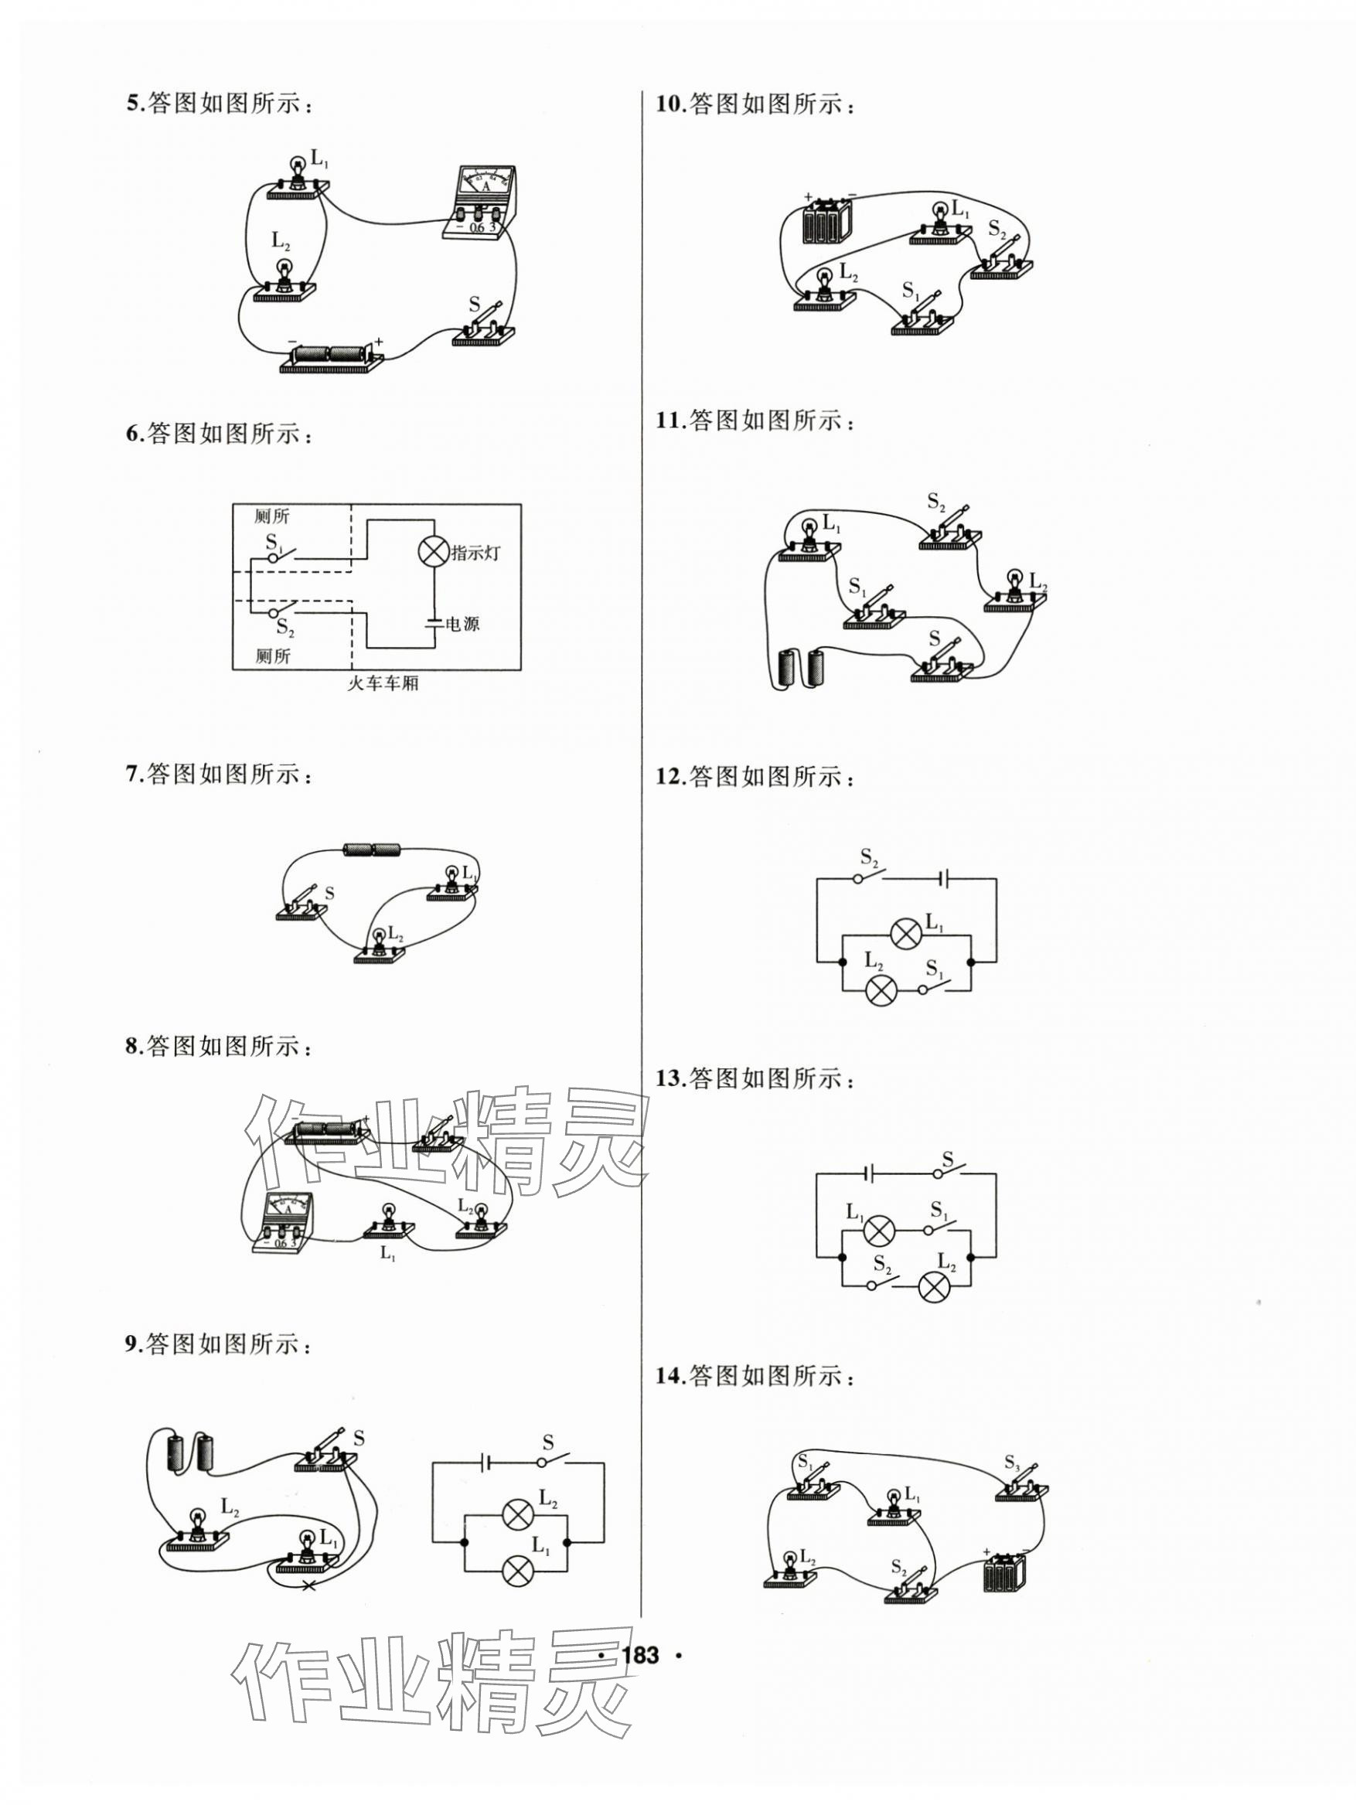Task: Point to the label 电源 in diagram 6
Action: click(463, 625)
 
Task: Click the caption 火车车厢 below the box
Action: click(382, 682)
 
